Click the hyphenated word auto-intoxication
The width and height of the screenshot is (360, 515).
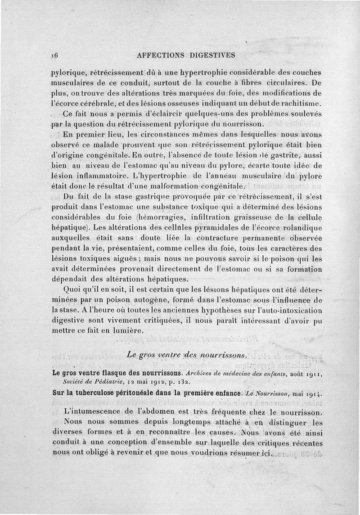pyautogui.click(x=292, y=310)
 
